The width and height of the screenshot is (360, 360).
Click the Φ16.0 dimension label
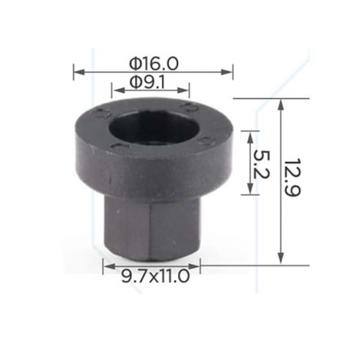click(154, 64)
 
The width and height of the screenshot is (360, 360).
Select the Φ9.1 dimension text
click(147, 82)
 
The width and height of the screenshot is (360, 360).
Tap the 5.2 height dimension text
click(262, 164)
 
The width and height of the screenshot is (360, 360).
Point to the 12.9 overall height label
click(293, 177)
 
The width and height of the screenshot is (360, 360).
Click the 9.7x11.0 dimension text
click(155, 276)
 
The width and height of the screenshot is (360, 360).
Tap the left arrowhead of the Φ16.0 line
click(79, 72)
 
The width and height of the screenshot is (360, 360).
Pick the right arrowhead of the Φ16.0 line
click(227, 72)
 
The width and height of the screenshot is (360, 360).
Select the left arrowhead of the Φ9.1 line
click(117, 90)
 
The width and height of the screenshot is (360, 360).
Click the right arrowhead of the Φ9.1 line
click(183, 90)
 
